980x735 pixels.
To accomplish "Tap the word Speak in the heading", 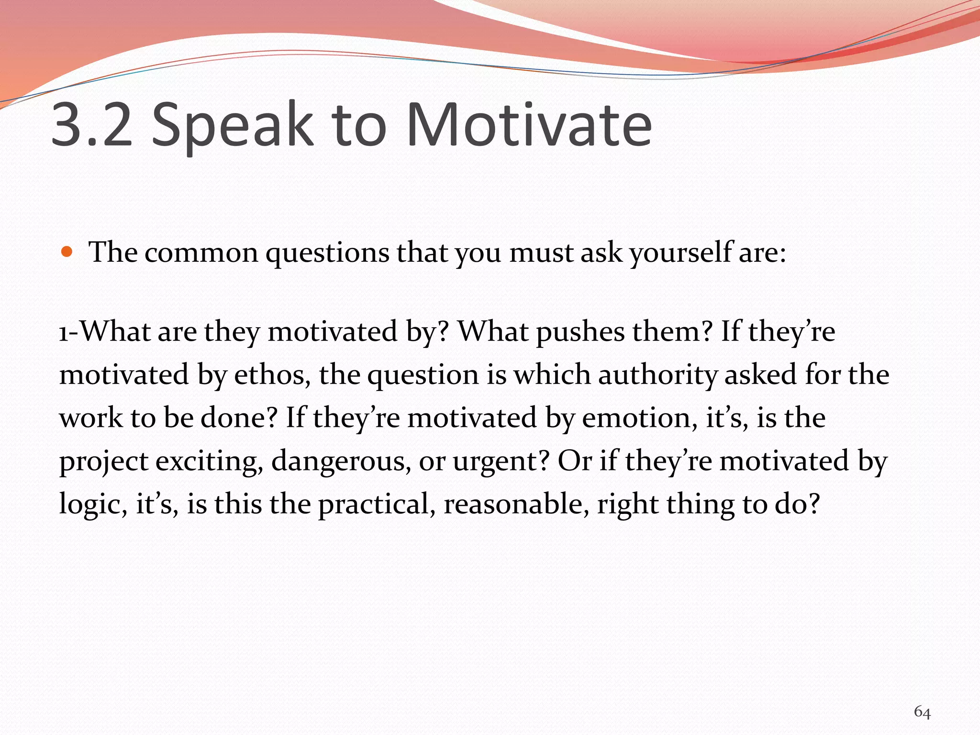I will pyautogui.click(x=232, y=125).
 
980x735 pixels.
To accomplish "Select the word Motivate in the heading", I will pyautogui.click(x=529, y=125).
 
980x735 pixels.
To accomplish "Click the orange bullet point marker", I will pyautogui.click(x=67, y=252).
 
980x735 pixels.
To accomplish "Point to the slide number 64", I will pyautogui.click(x=922, y=712).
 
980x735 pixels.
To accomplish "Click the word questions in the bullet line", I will pyautogui.click(x=327, y=253).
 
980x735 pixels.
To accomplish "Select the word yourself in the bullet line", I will pyautogui.click(x=680, y=253).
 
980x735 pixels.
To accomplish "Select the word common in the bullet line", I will pyautogui.click(x=201, y=253).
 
